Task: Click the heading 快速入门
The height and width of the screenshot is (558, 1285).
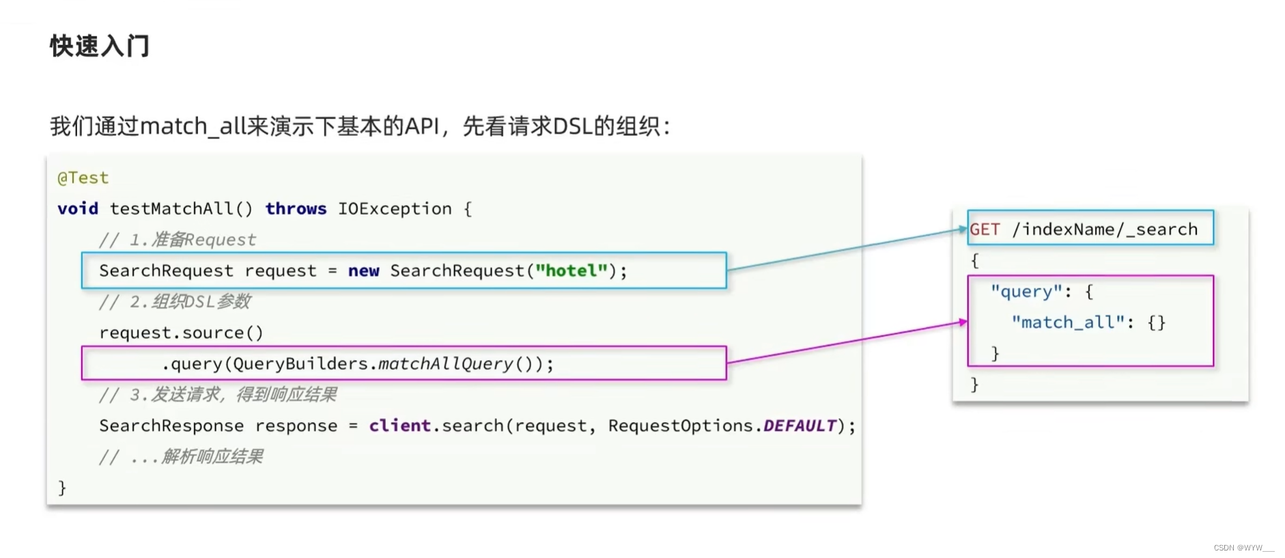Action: pyautogui.click(x=100, y=46)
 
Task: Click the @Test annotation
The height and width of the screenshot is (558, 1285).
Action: pyautogui.click(x=83, y=178)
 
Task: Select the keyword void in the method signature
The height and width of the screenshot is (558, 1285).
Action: pyautogui.click(x=77, y=208)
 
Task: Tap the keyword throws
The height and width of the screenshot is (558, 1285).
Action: pyautogui.click(x=296, y=208)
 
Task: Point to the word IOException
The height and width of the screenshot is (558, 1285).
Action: pyautogui.click(x=395, y=208)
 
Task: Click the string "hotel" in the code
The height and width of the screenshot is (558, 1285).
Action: pyautogui.click(x=571, y=270)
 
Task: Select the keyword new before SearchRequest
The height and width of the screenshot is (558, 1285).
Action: pyautogui.click(x=363, y=270)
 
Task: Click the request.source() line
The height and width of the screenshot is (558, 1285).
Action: pyautogui.click(x=181, y=333)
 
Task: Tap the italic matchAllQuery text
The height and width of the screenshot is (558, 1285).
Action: pyautogui.click(x=445, y=363)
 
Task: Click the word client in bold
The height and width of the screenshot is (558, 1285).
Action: pyautogui.click(x=399, y=426)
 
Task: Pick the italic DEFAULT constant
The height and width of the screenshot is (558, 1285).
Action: pyautogui.click(x=800, y=426)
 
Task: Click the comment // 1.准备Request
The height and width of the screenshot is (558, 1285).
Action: pyautogui.click(x=178, y=240)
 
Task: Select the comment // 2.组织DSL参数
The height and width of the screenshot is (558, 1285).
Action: pyautogui.click(x=175, y=301)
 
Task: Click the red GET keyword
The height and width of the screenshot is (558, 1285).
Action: pyautogui.click(x=985, y=229)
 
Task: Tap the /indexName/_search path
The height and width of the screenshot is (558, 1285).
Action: pyautogui.click(x=1105, y=229)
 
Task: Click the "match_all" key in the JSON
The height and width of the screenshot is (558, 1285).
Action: pyautogui.click(x=1067, y=322)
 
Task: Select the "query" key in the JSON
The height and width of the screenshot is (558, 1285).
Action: pyautogui.click(x=1026, y=292)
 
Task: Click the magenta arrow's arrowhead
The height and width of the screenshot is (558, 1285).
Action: pyautogui.click(x=963, y=322)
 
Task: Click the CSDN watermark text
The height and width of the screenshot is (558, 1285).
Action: pyautogui.click(x=1243, y=548)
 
